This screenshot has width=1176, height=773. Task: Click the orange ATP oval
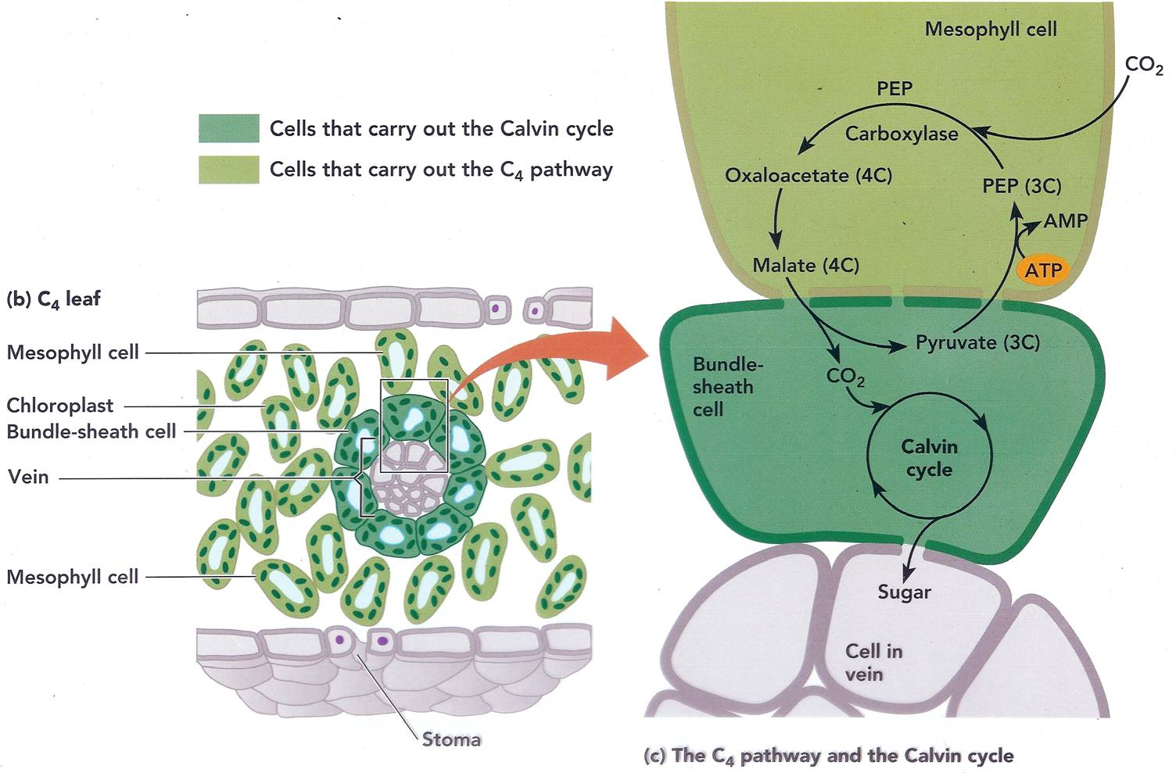[1043, 270]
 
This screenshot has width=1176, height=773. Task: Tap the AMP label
[1065, 221]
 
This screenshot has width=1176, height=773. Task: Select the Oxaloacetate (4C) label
[808, 175]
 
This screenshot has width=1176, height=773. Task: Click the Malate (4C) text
[805, 266]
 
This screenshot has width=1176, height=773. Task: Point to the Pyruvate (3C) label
[977, 342]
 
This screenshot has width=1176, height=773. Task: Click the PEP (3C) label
[1021, 186]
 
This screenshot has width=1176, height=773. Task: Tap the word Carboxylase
[901, 134]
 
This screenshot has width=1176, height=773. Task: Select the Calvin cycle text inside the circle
[929, 458]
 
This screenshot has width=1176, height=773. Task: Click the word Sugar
[904, 592]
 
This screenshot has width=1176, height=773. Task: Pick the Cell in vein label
[873, 662]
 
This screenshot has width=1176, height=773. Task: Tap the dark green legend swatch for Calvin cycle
[228, 129]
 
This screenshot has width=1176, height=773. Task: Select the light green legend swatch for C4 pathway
[228, 170]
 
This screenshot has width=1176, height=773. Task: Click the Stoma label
[450, 739]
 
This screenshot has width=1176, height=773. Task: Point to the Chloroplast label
[60, 406]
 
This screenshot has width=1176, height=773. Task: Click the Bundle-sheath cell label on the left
[91, 431]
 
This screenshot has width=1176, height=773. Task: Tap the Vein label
[28, 477]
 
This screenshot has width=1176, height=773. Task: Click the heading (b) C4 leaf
[53, 299]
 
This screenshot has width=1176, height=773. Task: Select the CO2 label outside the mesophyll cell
[1143, 66]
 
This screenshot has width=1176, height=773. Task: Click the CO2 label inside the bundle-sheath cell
[845, 377]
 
